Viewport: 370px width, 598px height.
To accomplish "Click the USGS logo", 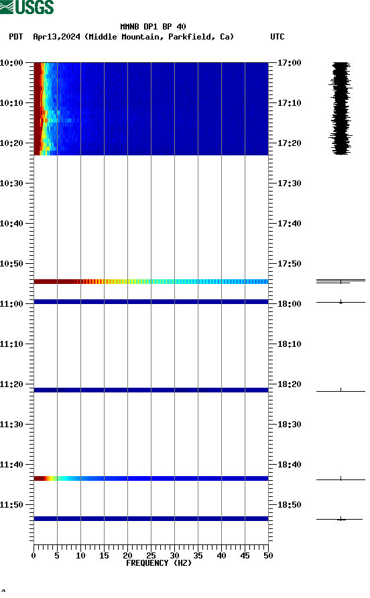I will pyautogui.click(x=27, y=7).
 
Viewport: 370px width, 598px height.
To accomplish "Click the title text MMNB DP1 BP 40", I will pyautogui.click(x=153, y=27).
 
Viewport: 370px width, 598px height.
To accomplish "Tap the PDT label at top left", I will pyautogui.click(x=16, y=37).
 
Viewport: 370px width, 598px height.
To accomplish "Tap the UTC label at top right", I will pyautogui.click(x=277, y=37).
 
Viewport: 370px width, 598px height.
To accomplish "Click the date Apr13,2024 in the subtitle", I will pyautogui.click(x=57, y=37).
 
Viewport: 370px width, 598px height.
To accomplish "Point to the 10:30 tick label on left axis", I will pyautogui.click(x=12, y=183).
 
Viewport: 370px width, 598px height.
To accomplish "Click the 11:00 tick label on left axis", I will pyautogui.click(x=12, y=303).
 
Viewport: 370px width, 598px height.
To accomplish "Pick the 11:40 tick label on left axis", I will pyautogui.click(x=12, y=464).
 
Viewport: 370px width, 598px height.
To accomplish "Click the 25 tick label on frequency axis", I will pyautogui.click(x=151, y=555).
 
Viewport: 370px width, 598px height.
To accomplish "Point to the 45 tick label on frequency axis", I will pyautogui.click(x=245, y=555).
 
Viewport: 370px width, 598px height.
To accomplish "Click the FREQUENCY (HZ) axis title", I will pyautogui.click(x=159, y=563).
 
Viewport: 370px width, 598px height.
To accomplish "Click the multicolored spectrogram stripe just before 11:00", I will pyautogui.click(x=151, y=281).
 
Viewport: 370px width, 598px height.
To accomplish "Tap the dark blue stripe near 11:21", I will pyautogui.click(x=151, y=390).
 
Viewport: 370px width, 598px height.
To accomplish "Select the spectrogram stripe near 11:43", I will pyautogui.click(x=151, y=478).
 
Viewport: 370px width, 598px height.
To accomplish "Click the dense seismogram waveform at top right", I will pyautogui.click(x=341, y=107).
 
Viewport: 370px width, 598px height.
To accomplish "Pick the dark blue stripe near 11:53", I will pyautogui.click(x=151, y=518).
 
